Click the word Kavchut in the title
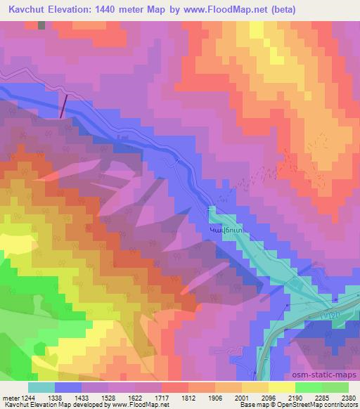[x=30, y=10]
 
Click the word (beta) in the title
[x=281, y=10]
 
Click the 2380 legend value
[x=347, y=398]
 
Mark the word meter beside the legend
[x=10, y=398]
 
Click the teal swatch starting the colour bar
[x=41, y=387]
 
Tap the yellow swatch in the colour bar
[x=282, y=387]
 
